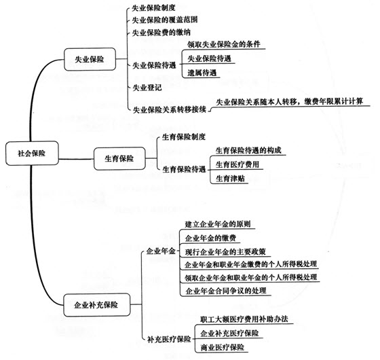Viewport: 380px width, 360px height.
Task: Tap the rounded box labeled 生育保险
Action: [118, 158]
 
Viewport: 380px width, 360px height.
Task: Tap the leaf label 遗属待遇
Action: [202, 73]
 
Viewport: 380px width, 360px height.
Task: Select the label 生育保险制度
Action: [183, 137]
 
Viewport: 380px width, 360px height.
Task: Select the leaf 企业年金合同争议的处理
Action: [227, 291]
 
